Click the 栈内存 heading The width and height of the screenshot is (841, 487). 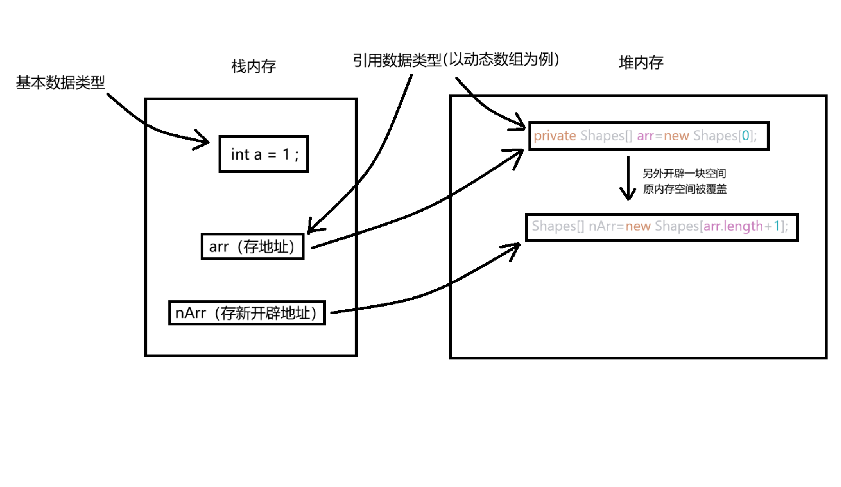pos(253,66)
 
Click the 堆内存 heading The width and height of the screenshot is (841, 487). pos(641,62)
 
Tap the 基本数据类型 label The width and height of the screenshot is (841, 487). pos(60,82)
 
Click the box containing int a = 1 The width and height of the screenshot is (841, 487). pos(264,154)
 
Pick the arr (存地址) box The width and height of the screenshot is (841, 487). pos(252,246)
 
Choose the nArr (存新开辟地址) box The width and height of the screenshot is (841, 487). pos(247,313)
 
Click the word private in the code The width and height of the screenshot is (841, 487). pos(554,136)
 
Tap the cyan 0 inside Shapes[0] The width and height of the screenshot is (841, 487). pos(745,136)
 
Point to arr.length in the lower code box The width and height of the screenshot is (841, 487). pos(733,226)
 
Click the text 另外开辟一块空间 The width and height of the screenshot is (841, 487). pos(684,173)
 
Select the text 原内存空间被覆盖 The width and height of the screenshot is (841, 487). pos(684,189)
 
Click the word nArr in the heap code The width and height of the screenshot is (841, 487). pos(602,226)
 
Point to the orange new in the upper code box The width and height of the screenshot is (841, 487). pos(676,136)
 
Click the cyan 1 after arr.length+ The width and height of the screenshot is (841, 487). pos(777,226)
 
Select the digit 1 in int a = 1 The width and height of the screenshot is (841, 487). pos(286,154)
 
